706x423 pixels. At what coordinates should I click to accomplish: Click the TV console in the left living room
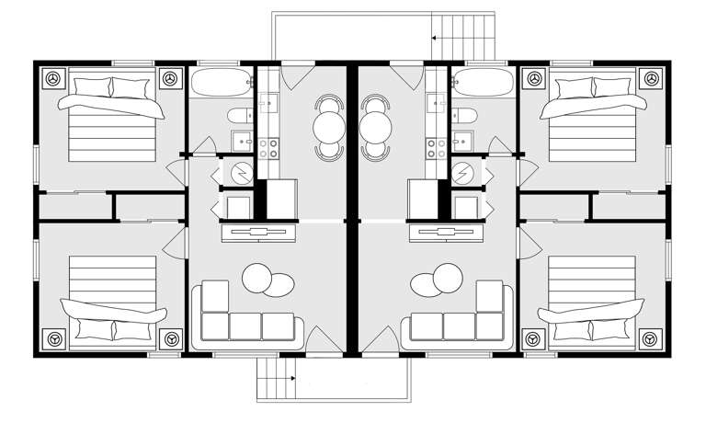260,232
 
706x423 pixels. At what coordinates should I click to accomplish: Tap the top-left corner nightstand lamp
53,79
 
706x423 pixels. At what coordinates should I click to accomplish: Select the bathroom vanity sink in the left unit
241,141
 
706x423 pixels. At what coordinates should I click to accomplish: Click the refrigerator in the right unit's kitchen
424,197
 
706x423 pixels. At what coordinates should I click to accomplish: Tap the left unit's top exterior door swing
292,77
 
